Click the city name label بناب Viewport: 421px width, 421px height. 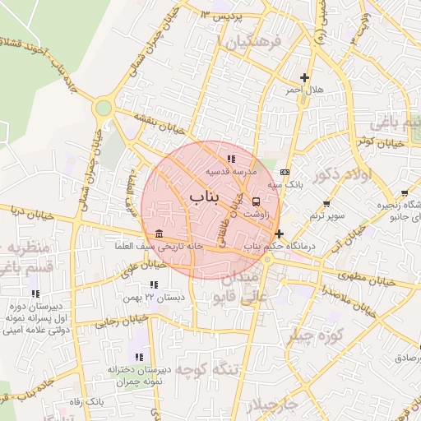click(206, 197)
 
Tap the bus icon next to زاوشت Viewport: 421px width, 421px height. click(257, 201)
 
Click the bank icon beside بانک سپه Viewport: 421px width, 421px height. click(285, 172)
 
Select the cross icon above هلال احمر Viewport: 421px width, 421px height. click(305, 76)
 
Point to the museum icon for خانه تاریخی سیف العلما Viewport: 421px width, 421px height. click(159, 234)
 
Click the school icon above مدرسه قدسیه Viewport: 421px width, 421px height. click(231, 159)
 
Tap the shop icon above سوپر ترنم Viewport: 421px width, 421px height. click(326, 203)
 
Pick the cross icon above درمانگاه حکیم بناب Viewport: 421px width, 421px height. click(280, 234)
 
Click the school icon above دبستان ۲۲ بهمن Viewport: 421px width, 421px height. click(150, 284)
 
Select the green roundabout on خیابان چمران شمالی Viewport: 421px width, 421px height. click(103, 107)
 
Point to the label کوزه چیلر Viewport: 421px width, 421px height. click(321, 335)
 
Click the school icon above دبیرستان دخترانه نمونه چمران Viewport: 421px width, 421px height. click(138, 356)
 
